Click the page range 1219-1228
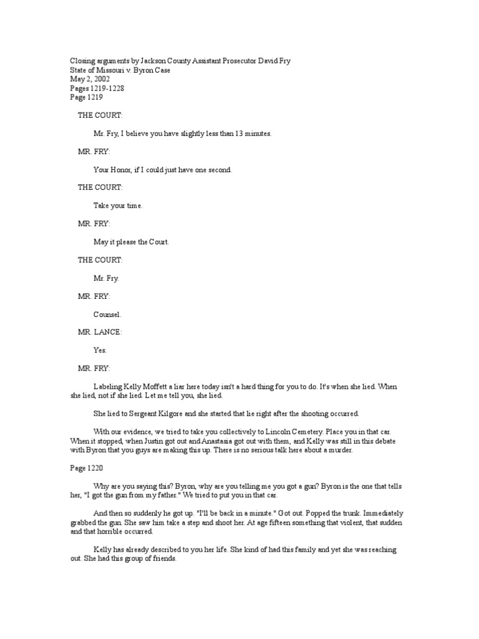(x=107, y=89)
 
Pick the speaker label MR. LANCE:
(x=100, y=332)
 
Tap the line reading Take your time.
(x=118, y=206)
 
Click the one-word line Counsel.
(x=107, y=315)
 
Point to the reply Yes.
(x=100, y=350)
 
